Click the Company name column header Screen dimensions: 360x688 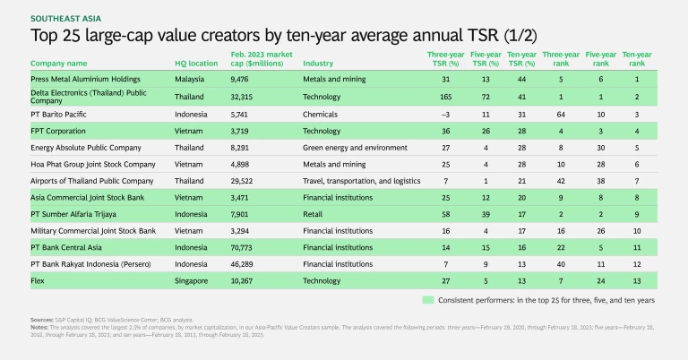coord(59,64)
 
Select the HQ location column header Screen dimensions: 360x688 coord(196,64)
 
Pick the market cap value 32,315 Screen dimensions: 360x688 coord(257,95)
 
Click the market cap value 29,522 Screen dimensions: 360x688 coord(257,181)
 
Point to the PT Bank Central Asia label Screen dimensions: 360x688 coord(69,247)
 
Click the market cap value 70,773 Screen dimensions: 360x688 coord(257,247)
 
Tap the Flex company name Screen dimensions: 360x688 coord(39,280)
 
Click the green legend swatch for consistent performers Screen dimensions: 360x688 coord(429,299)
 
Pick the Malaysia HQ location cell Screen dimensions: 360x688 coord(192,81)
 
